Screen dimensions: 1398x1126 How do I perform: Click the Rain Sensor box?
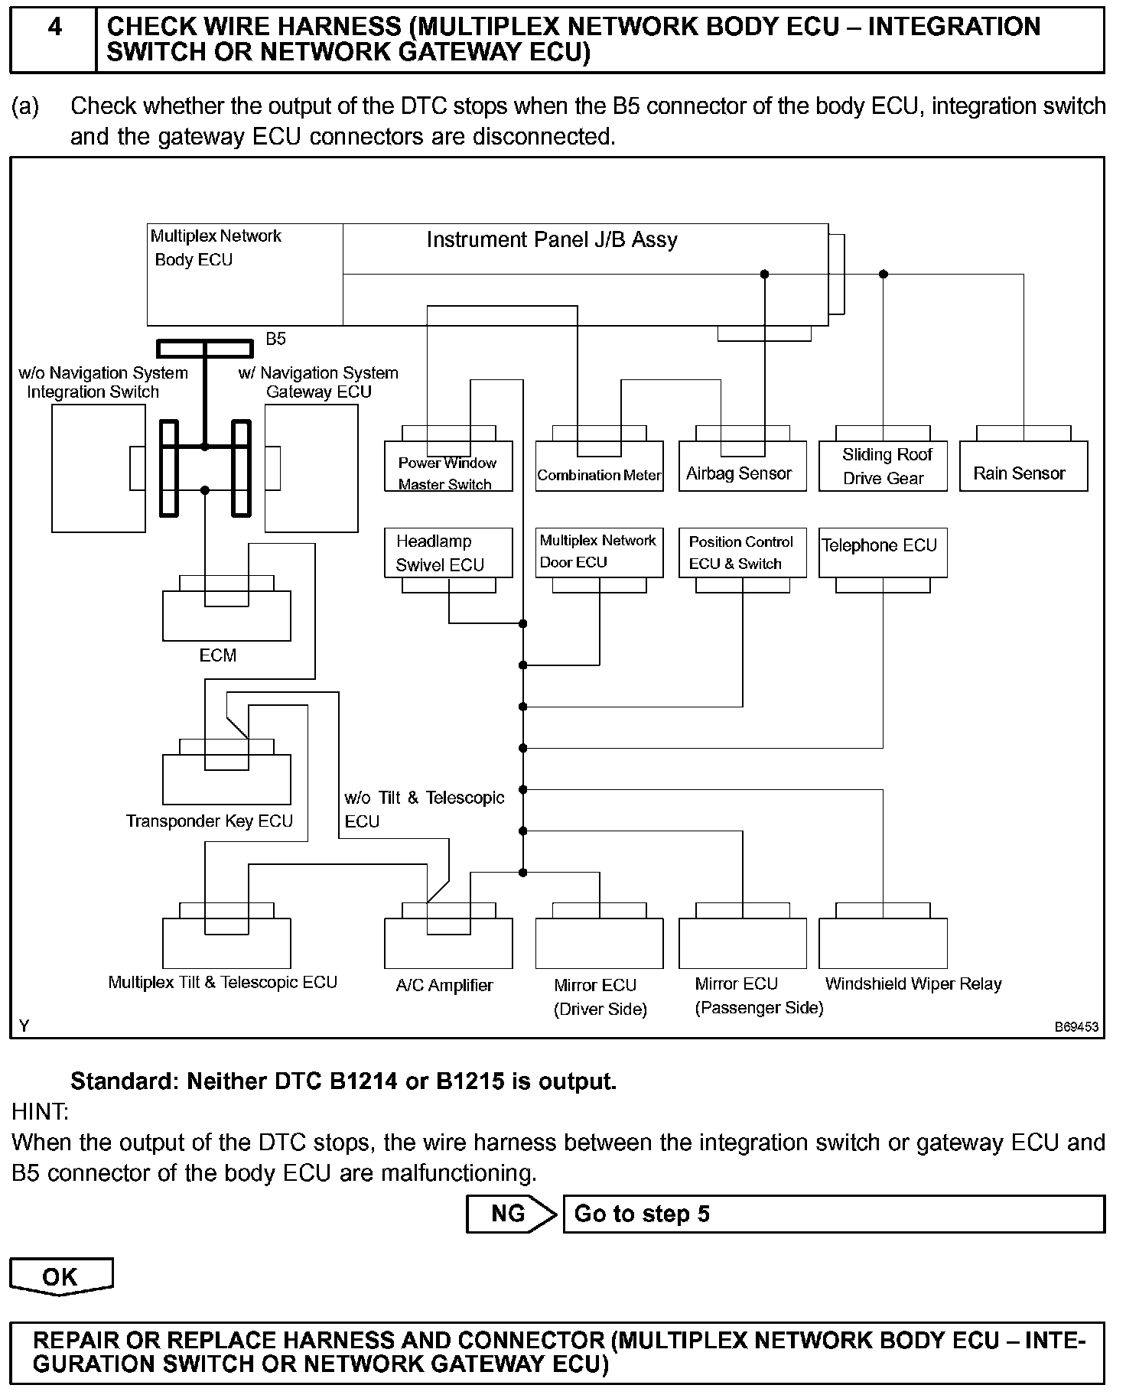click(1023, 467)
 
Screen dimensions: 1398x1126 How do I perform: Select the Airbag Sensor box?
click(742, 467)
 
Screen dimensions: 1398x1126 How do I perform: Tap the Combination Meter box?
click(599, 467)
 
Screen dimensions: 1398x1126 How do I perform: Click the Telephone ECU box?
click(882, 552)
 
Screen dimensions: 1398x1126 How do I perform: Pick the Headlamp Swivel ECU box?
click(448, 552)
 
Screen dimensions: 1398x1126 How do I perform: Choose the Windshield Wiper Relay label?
click(913, 984)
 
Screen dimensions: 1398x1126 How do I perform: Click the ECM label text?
click(218, 655)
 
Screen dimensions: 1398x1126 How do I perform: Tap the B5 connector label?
click(275, 338)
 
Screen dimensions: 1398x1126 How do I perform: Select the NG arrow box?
click(511, 1214)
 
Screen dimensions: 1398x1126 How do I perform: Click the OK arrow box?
click(60, 1276)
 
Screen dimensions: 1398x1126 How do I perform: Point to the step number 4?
click(54, 28)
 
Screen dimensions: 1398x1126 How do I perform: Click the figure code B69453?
click(1076, 1027)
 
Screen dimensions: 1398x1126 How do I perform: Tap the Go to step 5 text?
click(642, 1214)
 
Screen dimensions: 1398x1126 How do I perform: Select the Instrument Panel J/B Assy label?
click(552, 240)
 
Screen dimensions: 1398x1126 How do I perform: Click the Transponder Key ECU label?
click(210, 821)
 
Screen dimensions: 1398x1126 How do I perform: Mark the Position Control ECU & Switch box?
click(742, 552)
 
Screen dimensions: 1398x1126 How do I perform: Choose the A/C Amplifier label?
click(444, 986)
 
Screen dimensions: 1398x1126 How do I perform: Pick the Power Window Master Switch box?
click(448, 467)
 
